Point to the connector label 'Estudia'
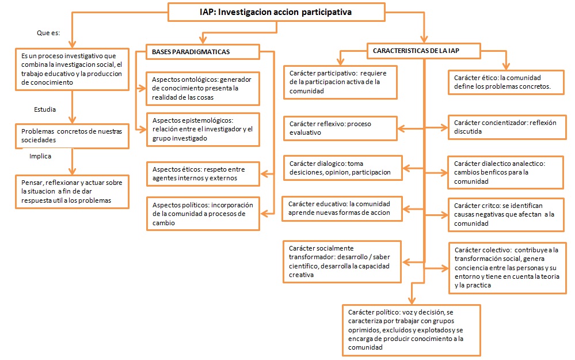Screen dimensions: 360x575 pyautogui.click(x=45, y=109)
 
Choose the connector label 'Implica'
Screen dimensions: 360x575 pyautogui.click(x=40, y=156)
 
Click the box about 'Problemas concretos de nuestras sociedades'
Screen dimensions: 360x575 pyautogui.click(x=71, y=135)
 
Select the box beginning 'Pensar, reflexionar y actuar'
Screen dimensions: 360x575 pyautogui.click(x=71, y=191)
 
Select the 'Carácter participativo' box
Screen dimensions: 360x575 pyautogui.click(x=340, y=82)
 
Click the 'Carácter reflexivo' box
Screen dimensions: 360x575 pyautogui.click(x=340, y=128)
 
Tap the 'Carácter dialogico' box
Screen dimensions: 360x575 pyautogui.click(x=342, y=168)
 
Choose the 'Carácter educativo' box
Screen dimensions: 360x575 pyautogui.click(x=341, y=208)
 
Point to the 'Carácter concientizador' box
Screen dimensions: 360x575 pyautogui.click(x=505, y=127)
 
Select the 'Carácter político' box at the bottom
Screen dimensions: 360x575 pyautogui.click(x=410, y=330)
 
